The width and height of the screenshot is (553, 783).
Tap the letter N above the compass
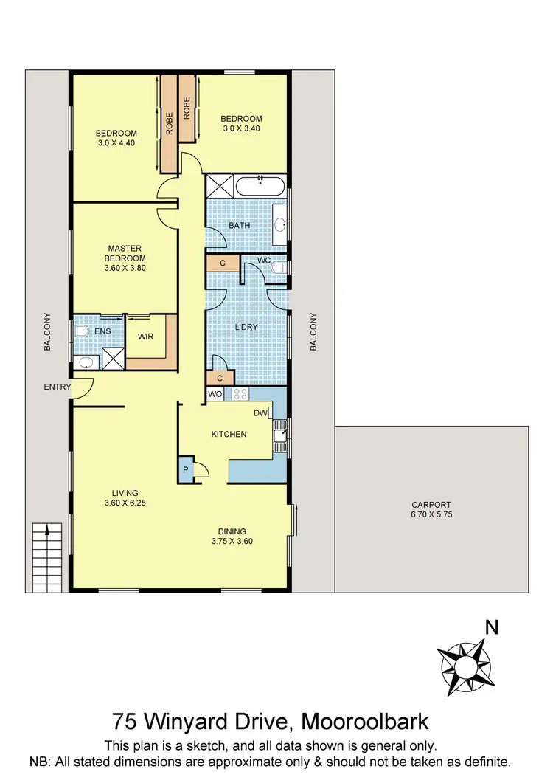tap(492, 628)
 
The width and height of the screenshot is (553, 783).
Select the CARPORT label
tap(431, 505)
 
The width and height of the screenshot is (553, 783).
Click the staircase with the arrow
tap(46, 555)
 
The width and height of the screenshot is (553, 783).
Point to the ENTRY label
tap(58, 387)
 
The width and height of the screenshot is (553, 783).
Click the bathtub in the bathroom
tap(260, 185)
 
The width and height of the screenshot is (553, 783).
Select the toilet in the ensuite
tap(81, 331)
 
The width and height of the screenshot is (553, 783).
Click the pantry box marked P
tap(184, 469)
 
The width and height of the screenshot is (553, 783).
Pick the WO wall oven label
tap(215, 395)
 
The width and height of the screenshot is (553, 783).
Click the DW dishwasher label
tap(260, 413)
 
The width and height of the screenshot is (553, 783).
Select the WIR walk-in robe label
tap(146, 339)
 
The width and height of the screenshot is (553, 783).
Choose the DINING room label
tap(232, 531)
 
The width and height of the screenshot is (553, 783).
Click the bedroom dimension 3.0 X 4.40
tap(116, 142)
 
